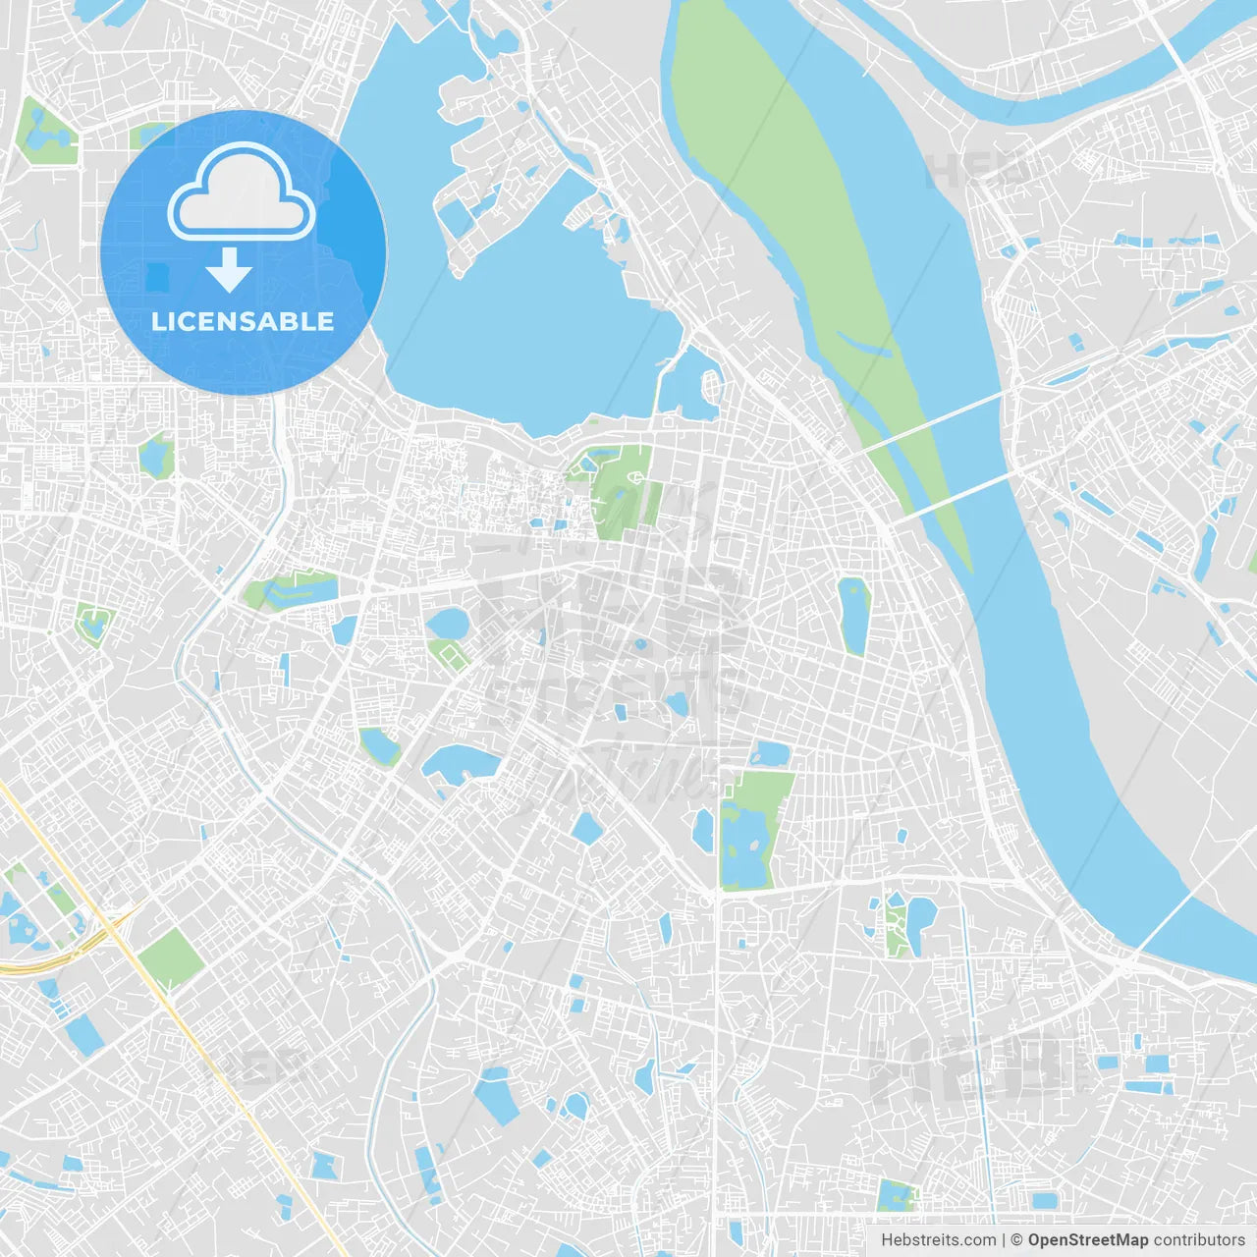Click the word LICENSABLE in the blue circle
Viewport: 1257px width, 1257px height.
pyautogui.click(x=243, y=322)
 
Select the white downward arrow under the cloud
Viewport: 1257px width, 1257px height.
pyautogui.click(x=229, y=270)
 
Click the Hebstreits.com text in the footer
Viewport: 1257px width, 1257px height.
pyautogui.click(x=938, y=1240)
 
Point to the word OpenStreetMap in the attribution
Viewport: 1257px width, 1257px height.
pyautogui.click(x=1087, y=1240)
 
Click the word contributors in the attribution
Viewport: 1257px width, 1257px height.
pyautogui.click(x=1199, y=1240)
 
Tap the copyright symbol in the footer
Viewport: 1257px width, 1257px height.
pyautogui.click(x=1016, y=1240)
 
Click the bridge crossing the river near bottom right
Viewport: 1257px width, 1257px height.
pyautogui.click(x=1169, y=918)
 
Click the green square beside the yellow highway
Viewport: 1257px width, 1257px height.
pyautogui.click(x=170, y=957)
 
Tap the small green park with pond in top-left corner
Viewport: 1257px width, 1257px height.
pyautogui.click(x=44, y=133)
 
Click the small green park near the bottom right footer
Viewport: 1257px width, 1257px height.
pyautogui.click(x=895, y=1196)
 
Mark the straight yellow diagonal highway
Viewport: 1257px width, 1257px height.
pyautogui.click(x=226, y=1080)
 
